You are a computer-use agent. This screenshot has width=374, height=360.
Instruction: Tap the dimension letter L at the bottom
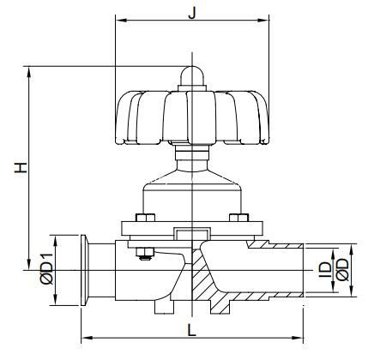pos(191,327)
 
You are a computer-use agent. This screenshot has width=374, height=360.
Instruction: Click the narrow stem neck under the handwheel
pos(190,158)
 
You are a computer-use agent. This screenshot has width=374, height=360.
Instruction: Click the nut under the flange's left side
pos(142,251)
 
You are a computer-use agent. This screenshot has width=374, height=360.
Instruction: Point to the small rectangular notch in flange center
pos(190,232)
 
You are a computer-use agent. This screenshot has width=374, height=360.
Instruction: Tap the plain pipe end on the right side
pos(287,269)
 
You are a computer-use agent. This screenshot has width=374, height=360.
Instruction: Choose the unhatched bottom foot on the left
pos(164,304)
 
